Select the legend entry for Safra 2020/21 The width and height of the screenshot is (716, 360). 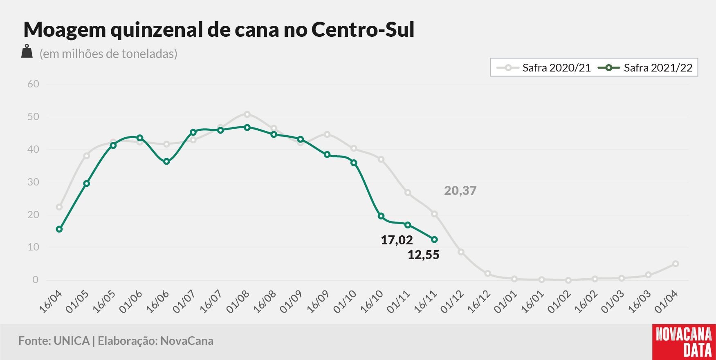click(x=544, y=68)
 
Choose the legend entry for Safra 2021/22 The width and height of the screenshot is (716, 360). click(x=645, y=68)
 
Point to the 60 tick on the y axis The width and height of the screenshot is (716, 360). click(x=33, y=84)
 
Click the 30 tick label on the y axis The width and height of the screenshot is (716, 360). click(x=33, y=182)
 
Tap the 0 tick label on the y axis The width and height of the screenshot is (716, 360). click(x=36, y=280)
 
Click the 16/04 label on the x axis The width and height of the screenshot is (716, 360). click(x=51, y=302)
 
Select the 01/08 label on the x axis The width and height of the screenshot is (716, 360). click(x=238, y=302)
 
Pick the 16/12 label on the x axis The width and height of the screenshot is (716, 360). click(x=479, y=302)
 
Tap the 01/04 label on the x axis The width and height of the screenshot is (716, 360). click(x=667, y=302)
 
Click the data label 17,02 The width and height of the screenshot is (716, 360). click(x=397, y=240)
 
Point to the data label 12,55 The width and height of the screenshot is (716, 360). click(x=424, y=255)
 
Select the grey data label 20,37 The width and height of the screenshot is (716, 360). click(x=460, y=191)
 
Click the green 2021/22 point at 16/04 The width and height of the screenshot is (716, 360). click(x=59, y=229)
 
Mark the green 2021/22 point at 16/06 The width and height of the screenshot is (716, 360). click(x=166, y=161)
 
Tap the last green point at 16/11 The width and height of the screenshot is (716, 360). click(x=434, y=239)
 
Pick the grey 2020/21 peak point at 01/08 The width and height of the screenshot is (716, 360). click(x=247, y=114)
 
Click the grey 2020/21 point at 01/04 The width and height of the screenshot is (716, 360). click(x=676, y=264)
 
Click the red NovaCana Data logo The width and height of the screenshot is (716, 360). click(x=684, y=342)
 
